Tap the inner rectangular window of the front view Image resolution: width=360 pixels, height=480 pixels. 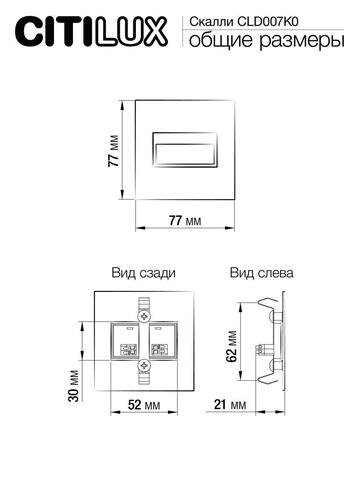coord(183,149)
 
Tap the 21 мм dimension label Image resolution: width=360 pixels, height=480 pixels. coord(230,406)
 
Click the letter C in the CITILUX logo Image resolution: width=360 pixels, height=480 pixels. coord(21,34)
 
